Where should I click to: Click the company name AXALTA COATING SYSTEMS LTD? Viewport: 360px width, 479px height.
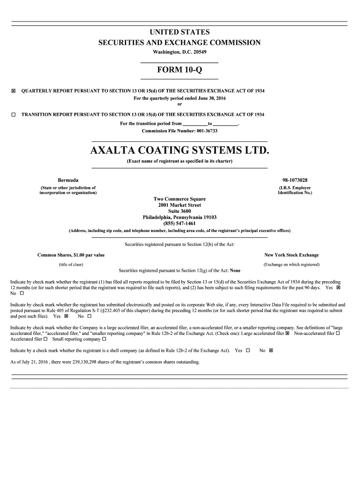click(x=180, y=151)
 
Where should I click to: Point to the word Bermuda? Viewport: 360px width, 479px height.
click(x=68, y=180)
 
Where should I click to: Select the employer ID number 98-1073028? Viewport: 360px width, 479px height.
click(x=295, y=180)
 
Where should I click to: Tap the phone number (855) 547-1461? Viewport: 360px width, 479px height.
click(x=180, y=223)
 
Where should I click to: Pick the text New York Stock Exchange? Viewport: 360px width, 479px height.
click(x=291, y=255)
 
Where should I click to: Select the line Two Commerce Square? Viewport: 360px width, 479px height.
click(x=180, y=199)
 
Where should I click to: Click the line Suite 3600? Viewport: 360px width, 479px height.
click(x=180, y=211)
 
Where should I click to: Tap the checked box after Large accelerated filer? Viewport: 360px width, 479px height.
click(x=287, y=334)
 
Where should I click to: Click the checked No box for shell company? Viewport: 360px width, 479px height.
click(x=271, y=350)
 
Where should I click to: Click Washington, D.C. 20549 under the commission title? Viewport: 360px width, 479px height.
click(x=180, y=51)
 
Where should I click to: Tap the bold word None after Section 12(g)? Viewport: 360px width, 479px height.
click(x=235, y=270)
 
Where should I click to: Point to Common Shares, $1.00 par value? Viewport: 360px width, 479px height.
click(x=71, y=255)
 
